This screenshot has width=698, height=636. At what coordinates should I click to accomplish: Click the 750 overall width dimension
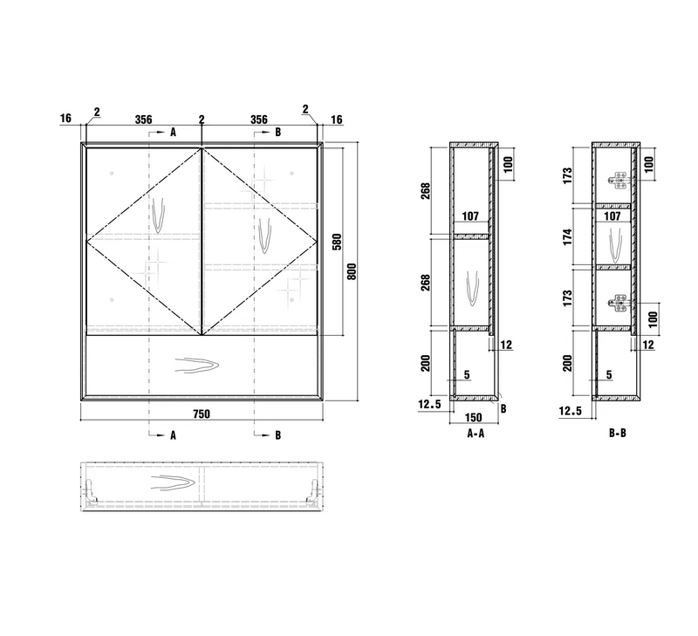coord(202,414)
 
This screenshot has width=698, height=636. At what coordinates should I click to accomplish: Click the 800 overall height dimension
coord(352,271)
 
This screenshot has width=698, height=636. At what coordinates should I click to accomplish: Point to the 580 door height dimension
coord(337,242)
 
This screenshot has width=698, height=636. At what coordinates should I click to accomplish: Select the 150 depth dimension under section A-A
coord(473,418)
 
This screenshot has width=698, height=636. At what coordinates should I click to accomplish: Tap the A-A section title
coord(476,433)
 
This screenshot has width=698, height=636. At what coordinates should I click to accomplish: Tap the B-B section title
coord(618,433)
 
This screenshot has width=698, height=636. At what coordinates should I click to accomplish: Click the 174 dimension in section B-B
coord(567,236)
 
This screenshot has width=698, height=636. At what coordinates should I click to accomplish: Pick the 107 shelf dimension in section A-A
coord(470,216)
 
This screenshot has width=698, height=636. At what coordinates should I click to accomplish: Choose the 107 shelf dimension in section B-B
coord(612,216)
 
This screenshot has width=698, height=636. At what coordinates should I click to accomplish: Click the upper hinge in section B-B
coord(619,180)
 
